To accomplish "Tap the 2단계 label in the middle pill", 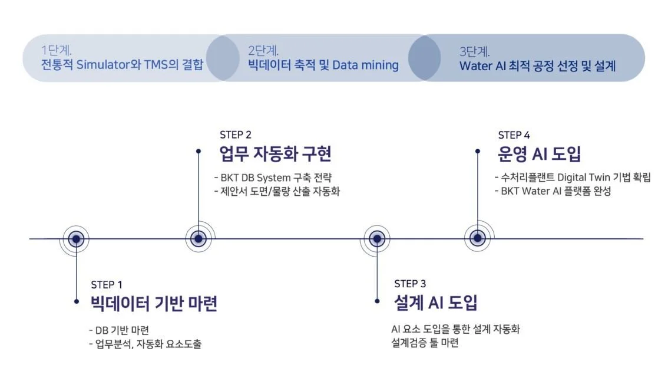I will click(x=263, y=50).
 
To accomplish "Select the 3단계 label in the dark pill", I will click(x=474, y=51).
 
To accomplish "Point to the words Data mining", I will click(x=365, y=64).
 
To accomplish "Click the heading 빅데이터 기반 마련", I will click(x=154, y=303).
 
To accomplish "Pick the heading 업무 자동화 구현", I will click(x=276, y=154).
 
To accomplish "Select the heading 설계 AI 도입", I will click(x=435, y=303).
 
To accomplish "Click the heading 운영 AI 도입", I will click(x=540, y=154).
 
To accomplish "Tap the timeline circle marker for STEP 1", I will click(x=77, y=239).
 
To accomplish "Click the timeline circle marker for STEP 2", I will click(x=199, y=239).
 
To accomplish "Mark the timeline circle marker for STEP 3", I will click(x=376, y=239).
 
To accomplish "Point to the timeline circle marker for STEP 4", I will click(x=478, y=238).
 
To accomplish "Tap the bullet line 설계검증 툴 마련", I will click(x=425, y=343).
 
